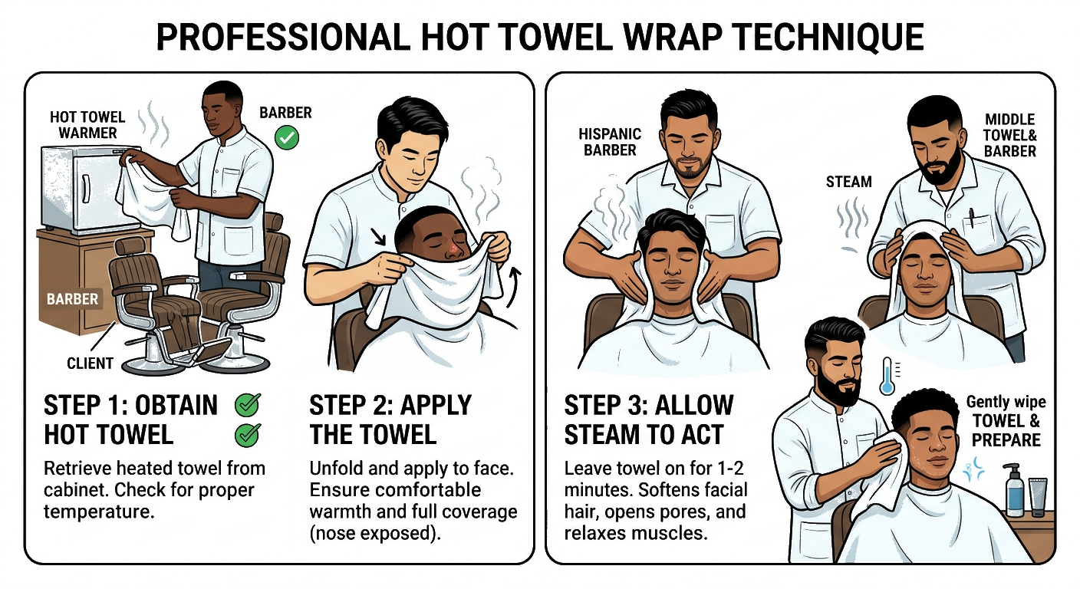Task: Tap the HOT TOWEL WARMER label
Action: pos(87,124)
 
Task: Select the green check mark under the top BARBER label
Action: pos(287,139)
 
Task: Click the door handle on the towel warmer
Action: pos(85,188)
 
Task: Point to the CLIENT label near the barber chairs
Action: pos(90,363)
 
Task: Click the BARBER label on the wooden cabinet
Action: pos(72,298)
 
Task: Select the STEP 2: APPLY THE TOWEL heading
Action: pos(390,419)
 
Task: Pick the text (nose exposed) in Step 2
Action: pos(375,532)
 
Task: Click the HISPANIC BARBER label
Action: pos(610,142)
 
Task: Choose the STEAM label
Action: pos(849,182)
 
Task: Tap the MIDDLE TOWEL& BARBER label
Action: pos(1010,135)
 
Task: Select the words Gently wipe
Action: pos(1006,403)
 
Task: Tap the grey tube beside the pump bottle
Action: pos(1039,496)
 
